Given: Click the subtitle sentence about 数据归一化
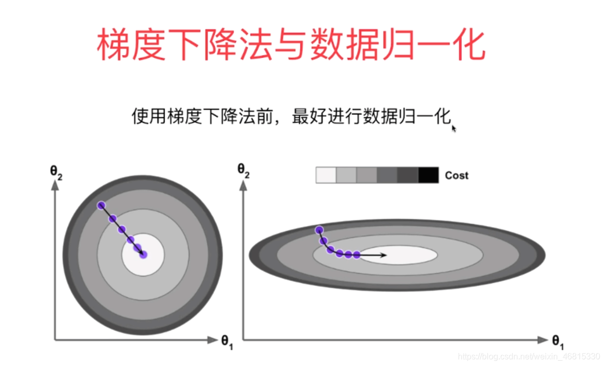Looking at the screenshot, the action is click(x=291, y=116).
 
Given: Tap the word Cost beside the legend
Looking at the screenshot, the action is click(x=457, y=175).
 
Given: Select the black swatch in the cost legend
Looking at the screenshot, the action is click(x=428, y=175).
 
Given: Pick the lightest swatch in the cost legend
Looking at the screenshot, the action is click(x=326, y=175).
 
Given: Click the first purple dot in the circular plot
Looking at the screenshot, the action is click(x=101, y=205).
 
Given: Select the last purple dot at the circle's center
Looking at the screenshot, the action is click(x=143, y=254).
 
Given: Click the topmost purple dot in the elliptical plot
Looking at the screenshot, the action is click(x=318, y=230).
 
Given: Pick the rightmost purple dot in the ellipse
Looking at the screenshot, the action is click(x=357, y=255).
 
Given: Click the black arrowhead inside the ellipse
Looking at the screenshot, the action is click(x=384, y=255).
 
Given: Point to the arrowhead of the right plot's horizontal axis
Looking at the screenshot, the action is click(x=543, y=340).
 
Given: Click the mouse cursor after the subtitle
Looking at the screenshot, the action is click(x=454, y=128).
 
